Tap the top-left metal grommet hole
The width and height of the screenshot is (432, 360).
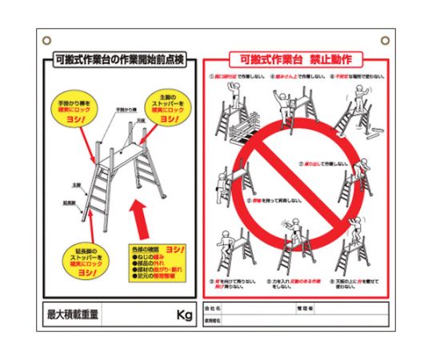[46, 38]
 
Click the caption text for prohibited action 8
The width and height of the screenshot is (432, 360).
[298, 284]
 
